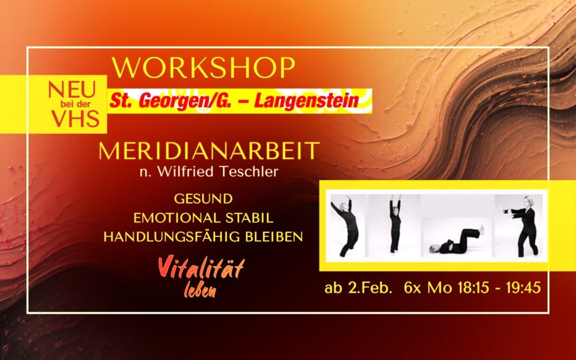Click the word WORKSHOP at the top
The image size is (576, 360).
(203, 68)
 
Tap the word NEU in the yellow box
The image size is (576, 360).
(75, 90)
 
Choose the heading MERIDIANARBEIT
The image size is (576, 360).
(209, 151)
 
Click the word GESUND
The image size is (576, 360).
(203, 199)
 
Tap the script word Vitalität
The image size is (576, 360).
(201, 268)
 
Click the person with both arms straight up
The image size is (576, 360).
(395, 224)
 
